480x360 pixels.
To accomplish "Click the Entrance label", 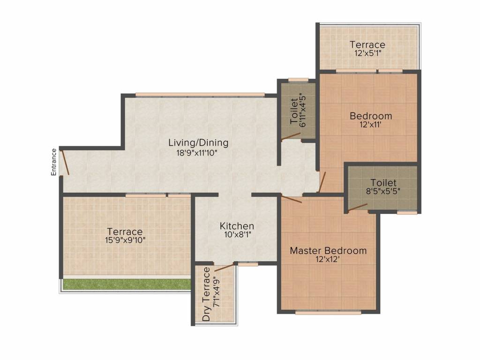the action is [x=54, y=162].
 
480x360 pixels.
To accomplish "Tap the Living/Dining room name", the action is [x=198, y=143].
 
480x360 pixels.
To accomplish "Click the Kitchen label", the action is [x=237, y=226].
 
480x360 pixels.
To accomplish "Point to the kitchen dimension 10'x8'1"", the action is [x=237, y=235].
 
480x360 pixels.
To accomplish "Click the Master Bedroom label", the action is [x=328, y=251].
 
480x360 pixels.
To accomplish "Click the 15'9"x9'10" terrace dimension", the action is [x=125, y=240].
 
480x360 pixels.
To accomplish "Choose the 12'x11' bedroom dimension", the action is [x=371, y=125].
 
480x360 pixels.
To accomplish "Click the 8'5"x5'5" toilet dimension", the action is [x=383, y=191].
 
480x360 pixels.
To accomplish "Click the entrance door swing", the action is [x=65, y=162].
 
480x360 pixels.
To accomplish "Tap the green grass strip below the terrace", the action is [x=127, y=284].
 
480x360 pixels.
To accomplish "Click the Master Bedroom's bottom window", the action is [x=329, y=313].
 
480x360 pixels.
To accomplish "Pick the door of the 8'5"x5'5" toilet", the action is [x=358, y=207].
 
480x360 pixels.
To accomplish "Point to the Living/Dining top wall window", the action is [x=200, y=95].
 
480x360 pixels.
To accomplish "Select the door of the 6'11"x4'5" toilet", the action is [x=291, y=136].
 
